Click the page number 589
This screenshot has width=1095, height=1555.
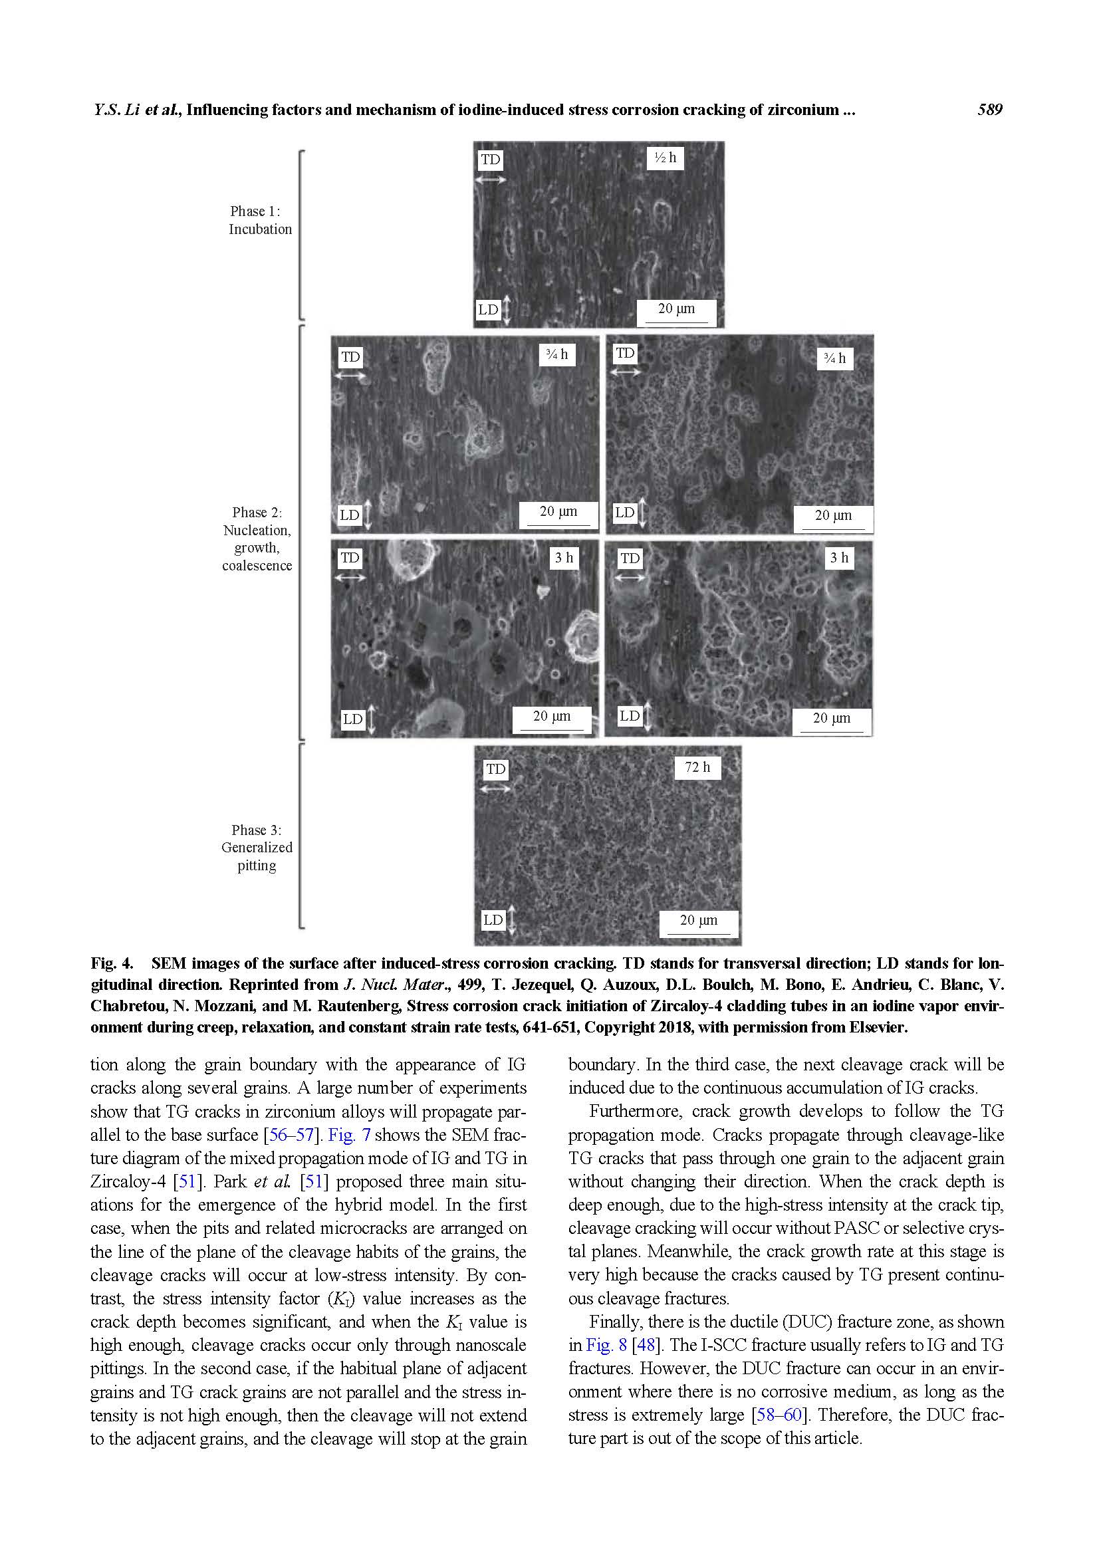989,110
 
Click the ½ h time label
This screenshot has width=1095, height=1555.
664,158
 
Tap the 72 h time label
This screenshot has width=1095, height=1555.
697,767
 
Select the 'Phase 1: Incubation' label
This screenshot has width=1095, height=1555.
259,220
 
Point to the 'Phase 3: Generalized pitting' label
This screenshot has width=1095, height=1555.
257,847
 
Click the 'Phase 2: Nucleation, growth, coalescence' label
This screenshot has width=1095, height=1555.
257,538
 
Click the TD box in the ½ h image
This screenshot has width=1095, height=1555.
490,160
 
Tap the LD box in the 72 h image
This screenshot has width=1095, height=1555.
493,919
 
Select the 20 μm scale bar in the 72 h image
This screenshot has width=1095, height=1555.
698,921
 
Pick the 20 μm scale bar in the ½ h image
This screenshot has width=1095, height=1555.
676,310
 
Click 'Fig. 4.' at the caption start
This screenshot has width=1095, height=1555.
112,963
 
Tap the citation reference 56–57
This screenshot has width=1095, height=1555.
292,1134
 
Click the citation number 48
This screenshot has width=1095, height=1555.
646,1344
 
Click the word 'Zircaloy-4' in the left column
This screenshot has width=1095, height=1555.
128,1181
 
